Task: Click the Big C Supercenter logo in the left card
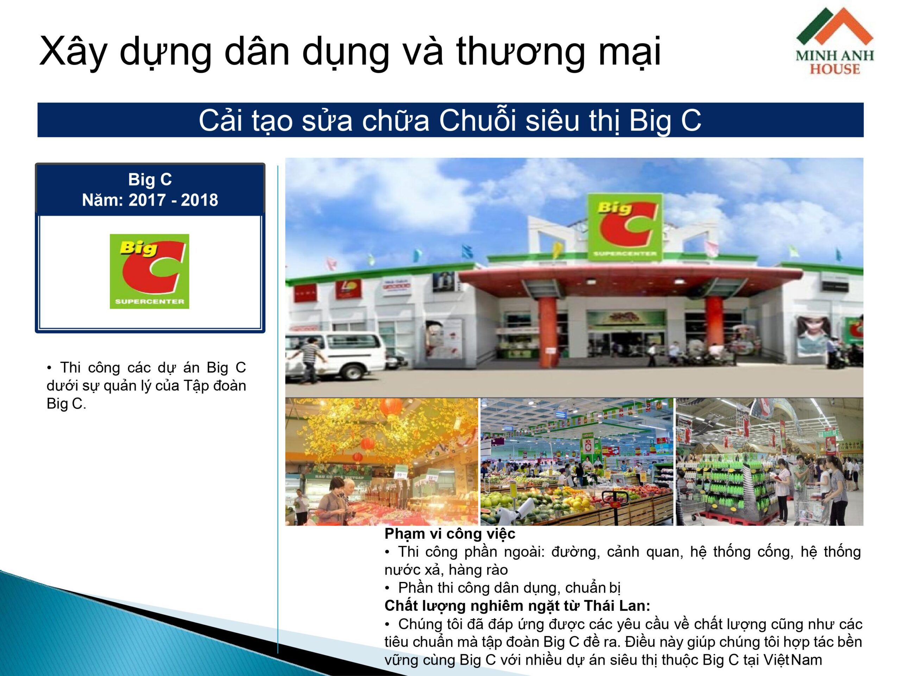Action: pyautogui.click(x=150, y=271)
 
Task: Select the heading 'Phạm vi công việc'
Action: pyautogui.click(x=450, y=533)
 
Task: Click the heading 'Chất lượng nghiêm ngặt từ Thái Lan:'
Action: pyautogui.click(x=517, y=606)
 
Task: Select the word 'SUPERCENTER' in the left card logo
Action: pyautogui.click(x=150, y=301)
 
